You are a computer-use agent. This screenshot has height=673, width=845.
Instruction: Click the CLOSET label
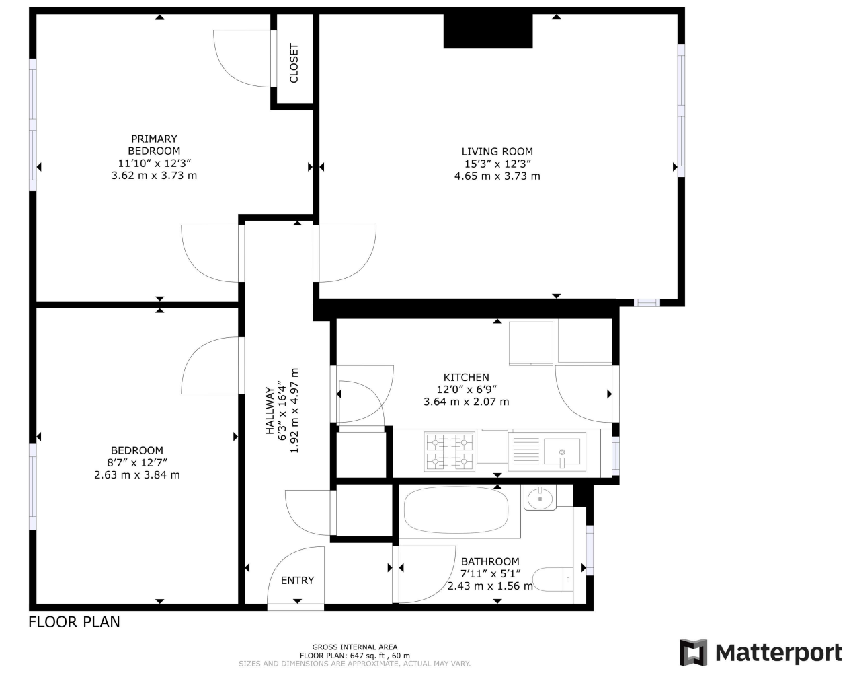pyautogui.click(x=294, y=63)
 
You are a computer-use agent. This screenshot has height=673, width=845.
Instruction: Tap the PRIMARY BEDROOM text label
pyautogui.click(x=154, y=145)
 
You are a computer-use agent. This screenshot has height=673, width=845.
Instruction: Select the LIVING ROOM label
pyautogui.click(x=497, y=151)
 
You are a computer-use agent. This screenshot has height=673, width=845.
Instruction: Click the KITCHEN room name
pyautogui.click(x=466, y=378)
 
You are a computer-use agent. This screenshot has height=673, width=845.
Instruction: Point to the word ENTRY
pyautogui.click(x=297, y=581)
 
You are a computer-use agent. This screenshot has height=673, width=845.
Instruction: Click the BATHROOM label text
pyautogui.click(x=490, y=561)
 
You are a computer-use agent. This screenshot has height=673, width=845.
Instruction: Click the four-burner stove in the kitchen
pyautogui.click(x=449, y=451)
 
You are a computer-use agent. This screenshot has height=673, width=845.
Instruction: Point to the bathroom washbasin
pyautogui.click(x=540, y=499)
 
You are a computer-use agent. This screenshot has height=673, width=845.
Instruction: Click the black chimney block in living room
pyautogui.click(x=488, y=32)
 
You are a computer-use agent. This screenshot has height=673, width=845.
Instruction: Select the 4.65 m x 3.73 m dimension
pyautogui.click(x=497, y=176)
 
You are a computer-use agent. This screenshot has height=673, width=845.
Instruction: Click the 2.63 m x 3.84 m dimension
pyautogui.click(x=137, y=475)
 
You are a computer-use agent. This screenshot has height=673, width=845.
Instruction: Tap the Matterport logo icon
pyautogui.click(x=694, y=652)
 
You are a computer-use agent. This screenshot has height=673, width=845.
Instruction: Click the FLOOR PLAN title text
pyautogui.click(x=74, y=622)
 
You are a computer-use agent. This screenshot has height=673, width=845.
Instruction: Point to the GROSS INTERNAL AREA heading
pyautogui.click(x=354, y=647)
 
